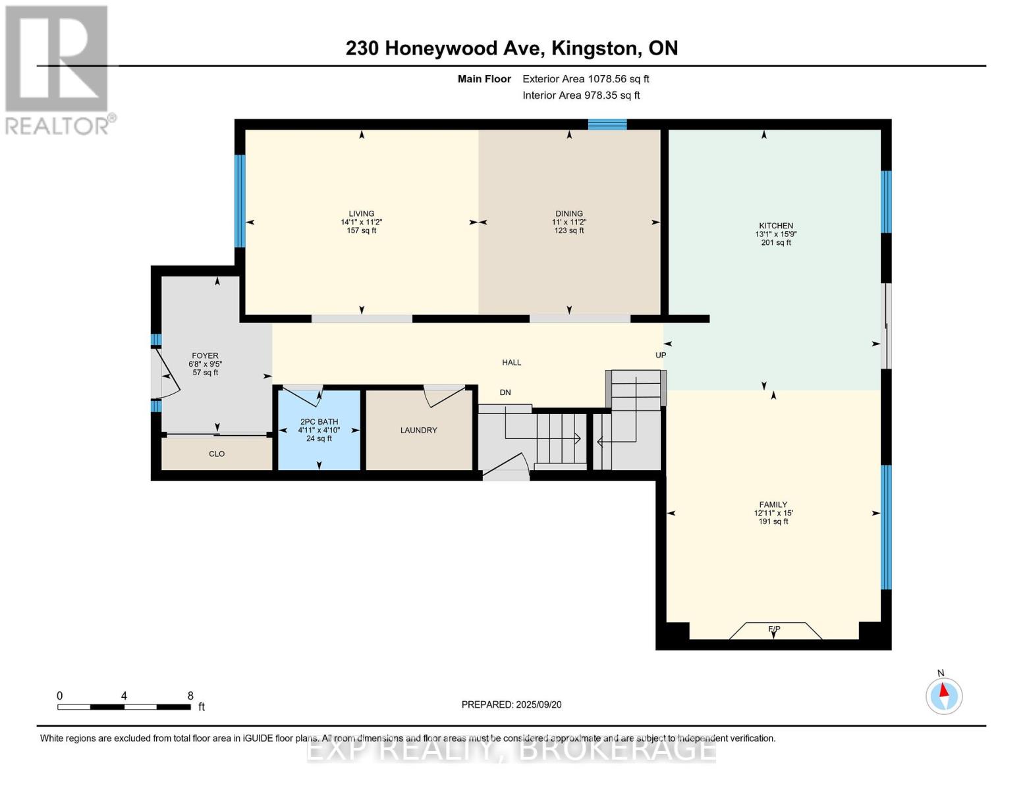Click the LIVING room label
point(361,213)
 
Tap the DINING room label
point(568,213)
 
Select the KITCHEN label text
point(776,225)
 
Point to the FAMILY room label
point(773,504)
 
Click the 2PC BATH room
point(319,430)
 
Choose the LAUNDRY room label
point(418,430)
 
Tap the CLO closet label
point(217,454)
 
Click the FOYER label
point(205,355)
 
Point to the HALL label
point(511,362)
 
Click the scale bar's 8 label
point(190,695)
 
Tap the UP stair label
point(661,355)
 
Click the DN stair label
point(505,392)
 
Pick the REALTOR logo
point(60,70)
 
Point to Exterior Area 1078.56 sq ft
point(586,79)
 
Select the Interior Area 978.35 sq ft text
point(581,95)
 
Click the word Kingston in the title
point(595,49)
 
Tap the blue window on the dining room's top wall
point(607,124)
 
